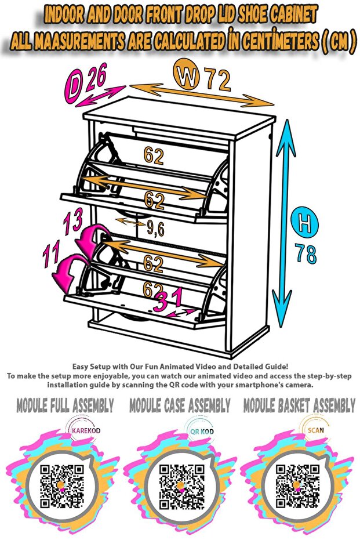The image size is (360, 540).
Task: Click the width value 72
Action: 218,79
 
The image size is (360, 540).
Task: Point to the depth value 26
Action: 96,76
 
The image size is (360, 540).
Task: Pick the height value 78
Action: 306,253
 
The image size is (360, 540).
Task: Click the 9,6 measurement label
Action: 155,229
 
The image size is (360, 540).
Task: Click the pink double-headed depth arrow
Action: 100,96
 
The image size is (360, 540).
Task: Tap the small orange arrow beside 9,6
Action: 130,222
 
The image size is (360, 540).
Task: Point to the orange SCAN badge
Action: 315,429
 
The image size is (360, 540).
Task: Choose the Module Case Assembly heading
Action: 180,405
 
